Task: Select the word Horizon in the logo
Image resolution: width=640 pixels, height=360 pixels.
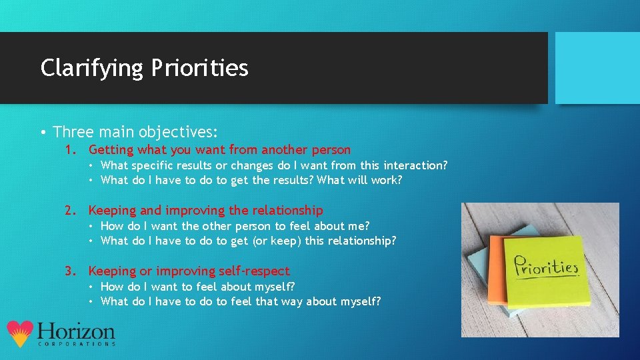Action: (76, 331)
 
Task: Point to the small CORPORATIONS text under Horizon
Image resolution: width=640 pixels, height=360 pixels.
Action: (76, 344)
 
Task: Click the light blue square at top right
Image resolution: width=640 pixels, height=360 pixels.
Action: (597, 68)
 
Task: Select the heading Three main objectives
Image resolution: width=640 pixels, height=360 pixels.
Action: (136, 131)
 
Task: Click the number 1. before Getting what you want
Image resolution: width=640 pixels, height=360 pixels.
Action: (71, 150)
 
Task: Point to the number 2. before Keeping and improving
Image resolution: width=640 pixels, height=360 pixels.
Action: (71, 211)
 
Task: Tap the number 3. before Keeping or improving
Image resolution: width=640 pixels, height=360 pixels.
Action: (71, 271)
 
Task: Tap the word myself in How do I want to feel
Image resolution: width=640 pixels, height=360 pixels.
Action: (273, 287)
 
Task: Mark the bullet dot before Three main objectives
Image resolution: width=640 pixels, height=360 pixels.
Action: (43, 132)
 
